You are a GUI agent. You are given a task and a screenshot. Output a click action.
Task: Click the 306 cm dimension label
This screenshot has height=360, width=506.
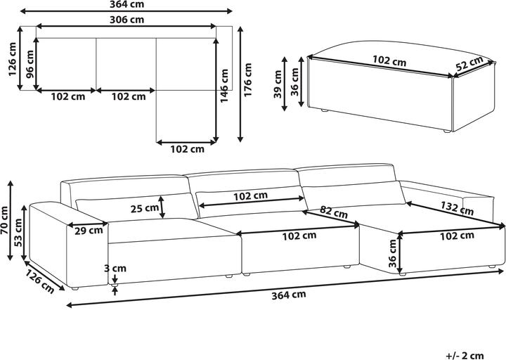[x=126, y=20]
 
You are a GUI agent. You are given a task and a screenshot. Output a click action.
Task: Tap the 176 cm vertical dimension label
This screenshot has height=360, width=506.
[x=247, y=79]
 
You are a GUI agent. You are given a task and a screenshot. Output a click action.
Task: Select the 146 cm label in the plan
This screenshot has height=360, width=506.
[x=224, y=86]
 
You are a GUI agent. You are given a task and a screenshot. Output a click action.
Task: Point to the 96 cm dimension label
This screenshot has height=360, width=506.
[x=30, y=64]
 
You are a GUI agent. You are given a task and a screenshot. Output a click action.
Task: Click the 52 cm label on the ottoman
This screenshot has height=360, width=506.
[x=469, y=63]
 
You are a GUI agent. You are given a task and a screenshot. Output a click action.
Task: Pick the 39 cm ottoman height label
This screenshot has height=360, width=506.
[x=278, y=84]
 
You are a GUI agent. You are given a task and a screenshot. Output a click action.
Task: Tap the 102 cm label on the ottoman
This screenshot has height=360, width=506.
[x=389, y=60]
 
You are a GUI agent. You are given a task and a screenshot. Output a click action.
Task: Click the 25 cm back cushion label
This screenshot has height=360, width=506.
[x=144, y=208]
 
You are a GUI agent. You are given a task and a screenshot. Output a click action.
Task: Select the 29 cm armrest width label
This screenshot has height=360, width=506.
[x=89, y=231]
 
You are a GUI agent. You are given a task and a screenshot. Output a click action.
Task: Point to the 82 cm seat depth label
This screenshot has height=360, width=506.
[x=334, y=212]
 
